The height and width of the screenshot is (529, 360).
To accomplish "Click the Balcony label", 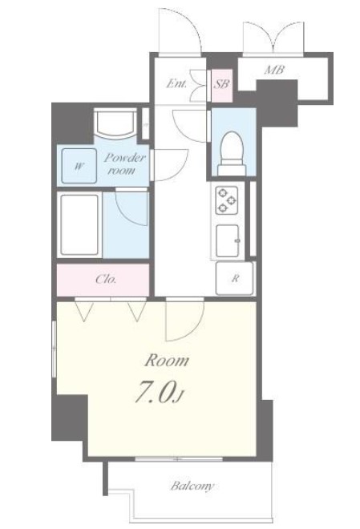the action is click(192, 487).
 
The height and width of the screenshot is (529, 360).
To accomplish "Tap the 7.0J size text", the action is click(159, 393).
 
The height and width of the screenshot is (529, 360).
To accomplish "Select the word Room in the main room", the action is click(167, 361).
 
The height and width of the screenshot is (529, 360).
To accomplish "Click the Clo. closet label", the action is click(106, 280).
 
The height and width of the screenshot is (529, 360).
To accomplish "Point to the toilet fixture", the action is click(232, 153).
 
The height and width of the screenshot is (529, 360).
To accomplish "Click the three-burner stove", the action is click(227, 200).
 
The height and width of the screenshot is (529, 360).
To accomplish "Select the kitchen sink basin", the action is click(228, 240).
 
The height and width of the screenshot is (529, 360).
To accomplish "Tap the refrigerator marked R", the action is click(234, 279).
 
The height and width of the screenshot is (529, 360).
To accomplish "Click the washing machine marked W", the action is click(79, 166).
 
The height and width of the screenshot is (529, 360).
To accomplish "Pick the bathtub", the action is click(79, 224).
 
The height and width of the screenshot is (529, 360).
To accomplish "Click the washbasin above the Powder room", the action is click(115, 123).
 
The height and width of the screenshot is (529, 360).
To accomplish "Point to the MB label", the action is click(274, 71).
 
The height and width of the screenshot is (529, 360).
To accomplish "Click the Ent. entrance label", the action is click(176, 83).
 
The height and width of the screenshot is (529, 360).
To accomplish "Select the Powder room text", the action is click(123, 164).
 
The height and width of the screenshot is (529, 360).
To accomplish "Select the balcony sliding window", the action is click(179, 458).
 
